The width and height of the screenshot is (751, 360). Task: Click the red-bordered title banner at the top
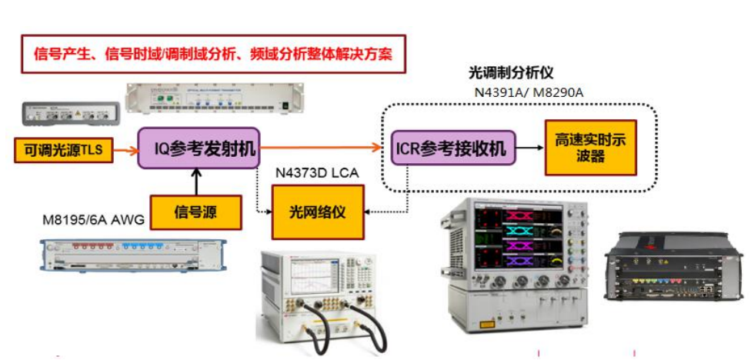213,54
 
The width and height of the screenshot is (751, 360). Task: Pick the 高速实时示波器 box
590,147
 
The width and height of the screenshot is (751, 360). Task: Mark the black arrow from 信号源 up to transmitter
196,182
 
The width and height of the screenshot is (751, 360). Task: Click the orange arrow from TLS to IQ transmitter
125,149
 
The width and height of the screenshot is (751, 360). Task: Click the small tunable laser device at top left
70,114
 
